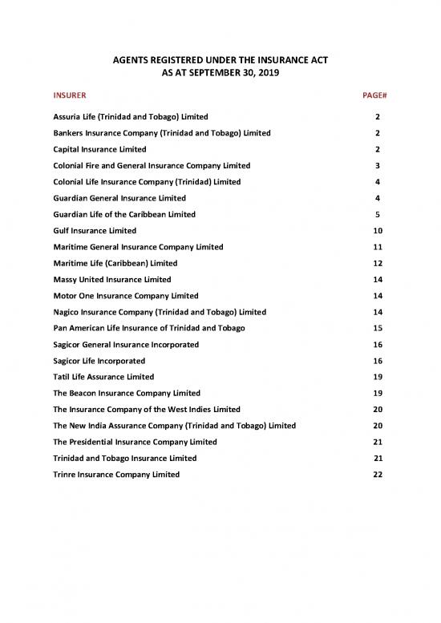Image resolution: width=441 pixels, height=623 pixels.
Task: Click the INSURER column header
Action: pyautogui.click(x=70, y=96)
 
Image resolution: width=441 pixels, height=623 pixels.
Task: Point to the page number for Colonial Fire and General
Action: pyautogui.click(x=377, y=165)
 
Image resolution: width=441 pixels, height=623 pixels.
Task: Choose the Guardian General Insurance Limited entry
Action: pyautogui.click(x=119, y=198)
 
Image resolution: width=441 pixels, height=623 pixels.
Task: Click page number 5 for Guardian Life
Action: pyautogui.click(x=377, y=215)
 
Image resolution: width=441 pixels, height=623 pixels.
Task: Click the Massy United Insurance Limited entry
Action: pyautogui.click(x=111, y=280)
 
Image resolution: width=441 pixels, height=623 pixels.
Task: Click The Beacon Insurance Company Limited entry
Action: pyautogui.click(x=127, y=394)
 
